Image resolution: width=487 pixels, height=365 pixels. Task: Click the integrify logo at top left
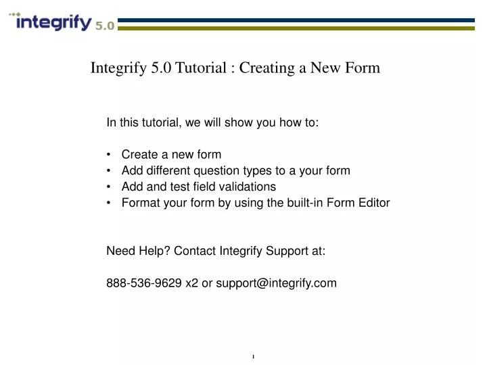coord(53,23)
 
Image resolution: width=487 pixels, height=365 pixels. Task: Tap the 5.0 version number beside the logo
coord(104,26)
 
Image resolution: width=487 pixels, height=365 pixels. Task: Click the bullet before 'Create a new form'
coord(110,155)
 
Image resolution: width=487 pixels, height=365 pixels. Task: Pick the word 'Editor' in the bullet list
coord(373,203)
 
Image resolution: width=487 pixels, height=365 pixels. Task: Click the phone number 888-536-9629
coord(144,283)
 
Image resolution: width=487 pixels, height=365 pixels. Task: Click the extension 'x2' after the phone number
coord(191,283)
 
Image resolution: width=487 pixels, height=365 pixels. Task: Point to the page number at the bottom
coord(252,356)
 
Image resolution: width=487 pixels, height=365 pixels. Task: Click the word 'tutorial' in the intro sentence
coord(157,123)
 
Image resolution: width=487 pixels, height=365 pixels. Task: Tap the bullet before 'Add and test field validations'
coord(110,187)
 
